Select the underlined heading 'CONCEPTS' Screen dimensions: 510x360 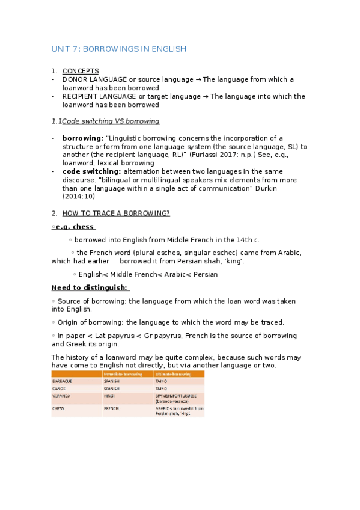[x=80, y=71]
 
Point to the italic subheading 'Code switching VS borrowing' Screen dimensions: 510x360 [x=111, y=121]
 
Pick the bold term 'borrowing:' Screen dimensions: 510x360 [x=82, y=138]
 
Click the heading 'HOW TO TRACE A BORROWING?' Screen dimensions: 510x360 [x=116, y=213]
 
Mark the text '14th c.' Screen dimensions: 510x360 [x=247, y=239]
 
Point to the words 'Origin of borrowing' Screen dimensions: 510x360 [x=90, y=322]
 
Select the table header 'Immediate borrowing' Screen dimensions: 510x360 [x=123, y=374]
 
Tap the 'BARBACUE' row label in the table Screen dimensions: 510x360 [x=63, y=381]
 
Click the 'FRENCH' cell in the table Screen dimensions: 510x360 [x=112, y=408]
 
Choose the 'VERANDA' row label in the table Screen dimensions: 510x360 [x=61, y=396]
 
